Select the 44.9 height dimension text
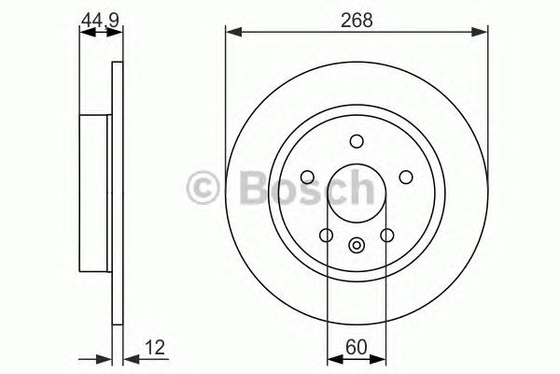99,20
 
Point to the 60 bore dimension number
357,345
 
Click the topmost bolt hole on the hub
357,141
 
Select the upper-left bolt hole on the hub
308,176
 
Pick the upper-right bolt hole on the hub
405,176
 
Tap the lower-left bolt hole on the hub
326,235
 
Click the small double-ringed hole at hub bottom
357,246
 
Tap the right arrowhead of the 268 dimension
483,34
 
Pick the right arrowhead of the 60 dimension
381,357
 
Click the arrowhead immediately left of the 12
118,357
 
